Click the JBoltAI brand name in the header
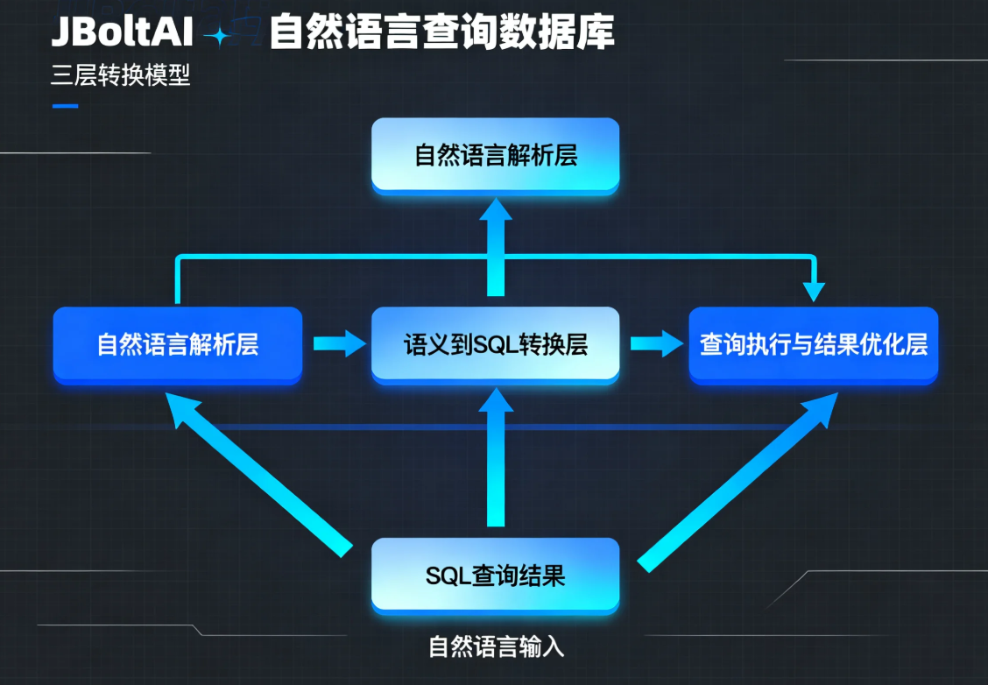tap(122, 32)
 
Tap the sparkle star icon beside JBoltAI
tap(217, 36)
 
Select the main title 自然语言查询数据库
tap(441, 32)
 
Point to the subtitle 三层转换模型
tap(121, 75)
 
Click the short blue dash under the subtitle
tap(65, 106)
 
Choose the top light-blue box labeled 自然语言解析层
tap(496, 155)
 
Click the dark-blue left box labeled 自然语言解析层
tap(178, 344)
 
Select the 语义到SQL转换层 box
tap(496, 344)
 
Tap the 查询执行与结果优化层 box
tap(813, 344)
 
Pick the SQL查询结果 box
tap(496, 575)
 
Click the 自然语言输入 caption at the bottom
tap(496, 647)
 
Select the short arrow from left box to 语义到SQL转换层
tap(338, 342)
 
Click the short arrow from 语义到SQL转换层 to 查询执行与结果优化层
tap(655, 342)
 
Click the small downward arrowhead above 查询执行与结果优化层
tap(815, 290)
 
